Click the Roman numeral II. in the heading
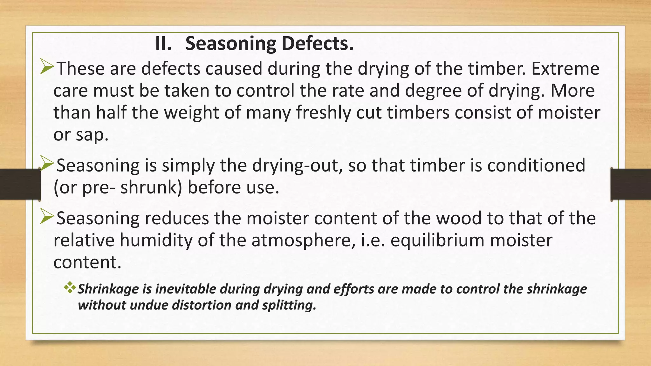click(x=163, y=44)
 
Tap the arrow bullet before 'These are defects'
click(x=47, y=68)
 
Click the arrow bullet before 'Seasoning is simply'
click(x=47, y=164)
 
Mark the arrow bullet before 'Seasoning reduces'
click(x=47, y=218)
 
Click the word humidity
click(x=156, y=241)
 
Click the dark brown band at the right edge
click(x=631, y=184)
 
